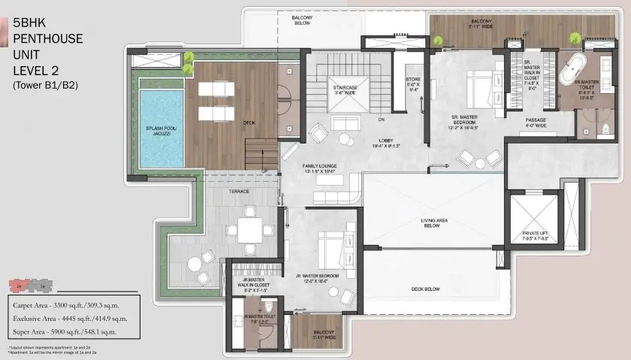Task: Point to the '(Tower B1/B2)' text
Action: pyautogui.click(x=45, y=86)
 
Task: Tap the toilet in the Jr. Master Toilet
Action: pyautogui.click(x=268, y=308)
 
